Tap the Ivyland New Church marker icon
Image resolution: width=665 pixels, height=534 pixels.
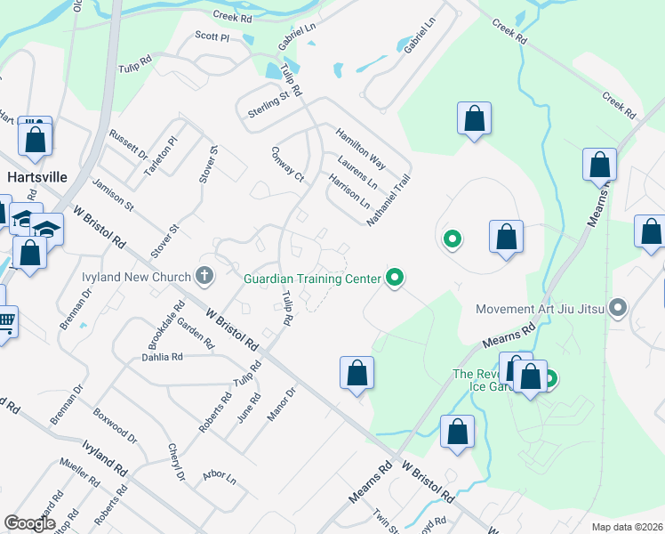click(205, 276)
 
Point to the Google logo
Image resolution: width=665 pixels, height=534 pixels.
click(29, 523)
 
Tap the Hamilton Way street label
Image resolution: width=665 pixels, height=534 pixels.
click(360, 148)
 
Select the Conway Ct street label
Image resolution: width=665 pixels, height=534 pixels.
click(287, 165)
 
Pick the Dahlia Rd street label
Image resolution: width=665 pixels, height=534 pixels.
click(162, 357)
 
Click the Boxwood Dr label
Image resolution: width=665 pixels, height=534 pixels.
click(115, 425)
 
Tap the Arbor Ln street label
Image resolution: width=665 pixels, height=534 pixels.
click(219, 478)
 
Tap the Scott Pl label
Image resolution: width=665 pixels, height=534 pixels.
click(212, 36)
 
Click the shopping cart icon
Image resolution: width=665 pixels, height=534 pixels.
click(5, 320)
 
